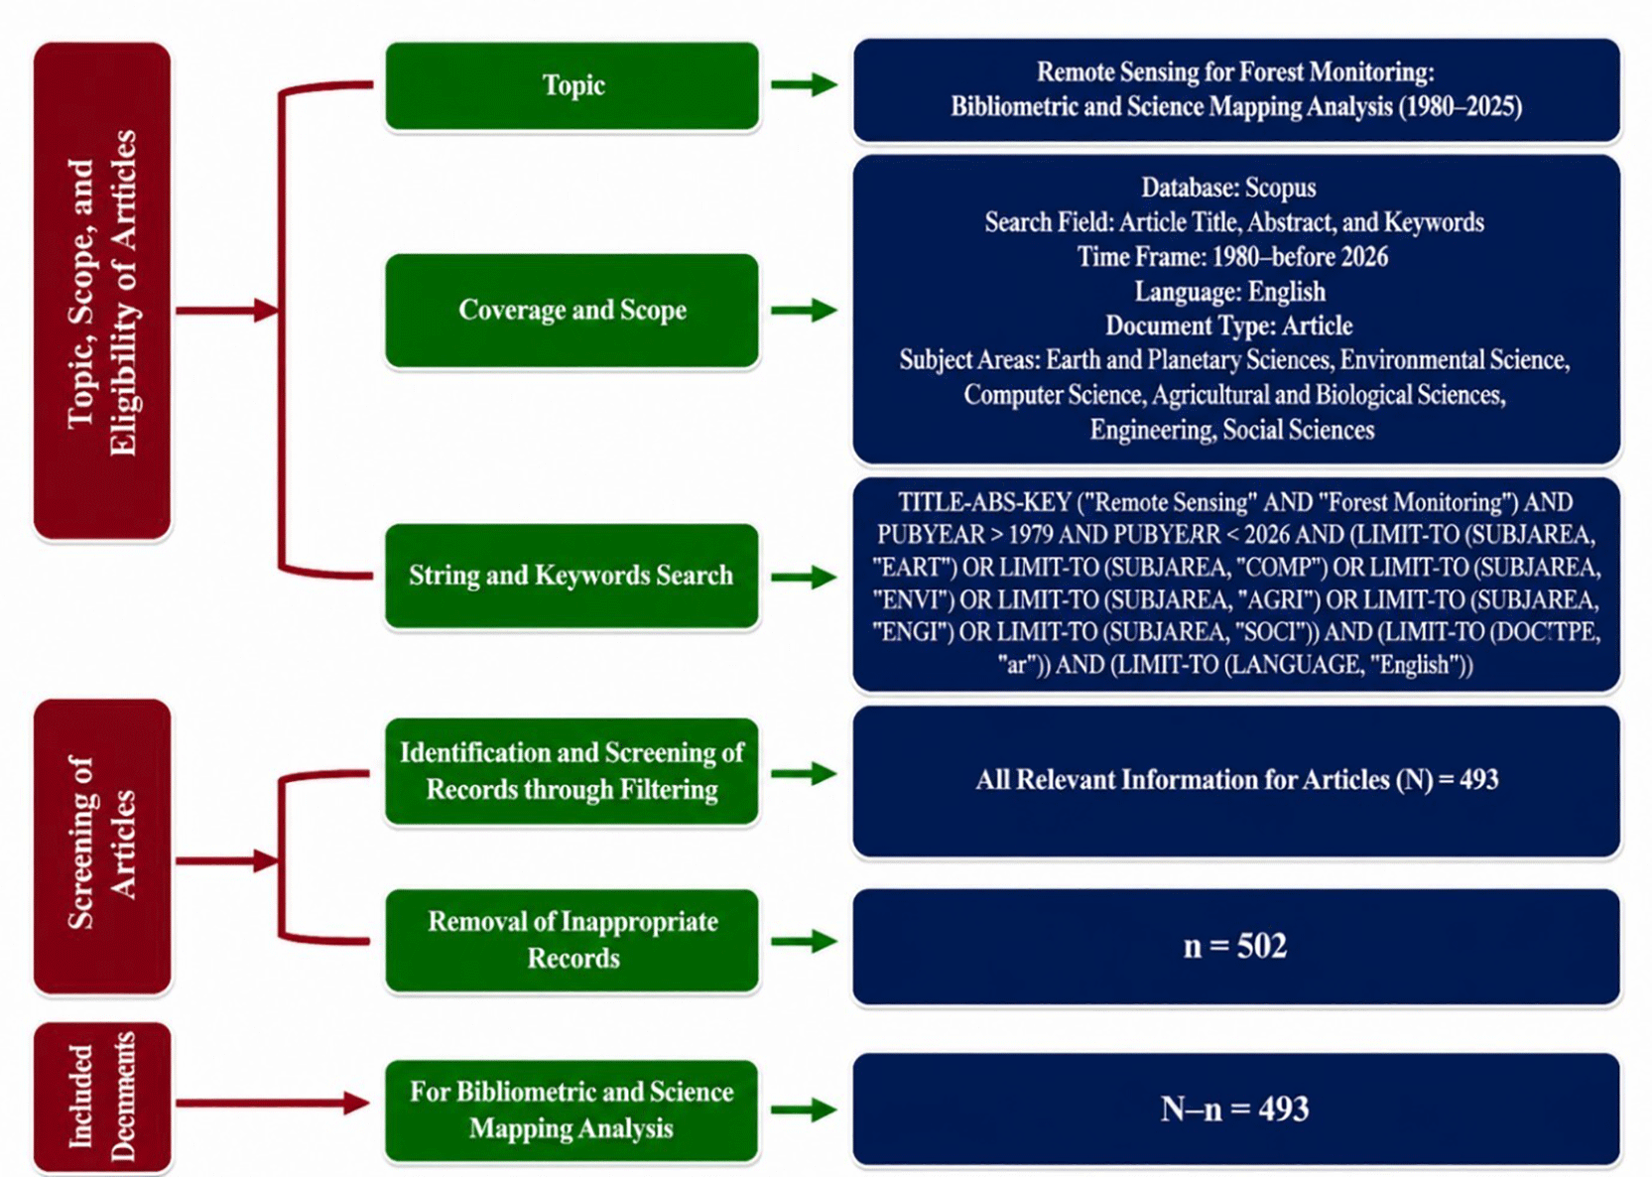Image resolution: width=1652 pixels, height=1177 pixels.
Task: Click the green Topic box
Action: click(572, 85)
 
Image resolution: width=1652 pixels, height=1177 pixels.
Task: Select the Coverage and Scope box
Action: click(572, 311)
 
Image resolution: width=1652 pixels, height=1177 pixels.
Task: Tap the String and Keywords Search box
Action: click(572, 576)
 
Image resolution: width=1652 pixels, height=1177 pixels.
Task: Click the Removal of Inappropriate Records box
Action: click(572, 940)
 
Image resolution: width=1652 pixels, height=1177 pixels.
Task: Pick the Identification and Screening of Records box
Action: click(572, 771)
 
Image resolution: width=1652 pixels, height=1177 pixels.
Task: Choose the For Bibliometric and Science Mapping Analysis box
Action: click(572, 1111)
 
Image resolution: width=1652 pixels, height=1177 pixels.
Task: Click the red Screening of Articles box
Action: click(102, 847)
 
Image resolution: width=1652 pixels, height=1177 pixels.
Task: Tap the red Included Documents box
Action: click(102, 1098)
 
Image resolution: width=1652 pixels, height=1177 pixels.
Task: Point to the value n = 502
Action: click(1235, 946)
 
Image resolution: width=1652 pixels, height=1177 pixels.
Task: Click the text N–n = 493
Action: click(1235, 1110)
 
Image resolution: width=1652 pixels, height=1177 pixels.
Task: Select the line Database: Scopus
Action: click(1228, 188)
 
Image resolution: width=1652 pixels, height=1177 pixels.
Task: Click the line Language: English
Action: click(1230, 292)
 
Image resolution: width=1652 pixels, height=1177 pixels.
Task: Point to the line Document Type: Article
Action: click(1229, 326)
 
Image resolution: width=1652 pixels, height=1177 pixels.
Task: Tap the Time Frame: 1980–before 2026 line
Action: click(1232, 257)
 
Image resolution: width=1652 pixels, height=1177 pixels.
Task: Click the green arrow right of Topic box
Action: click(804, 84)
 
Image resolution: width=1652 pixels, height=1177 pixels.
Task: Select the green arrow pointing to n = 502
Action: click(804, 941)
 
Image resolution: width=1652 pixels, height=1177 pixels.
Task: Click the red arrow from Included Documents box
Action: click(273, 1104)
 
